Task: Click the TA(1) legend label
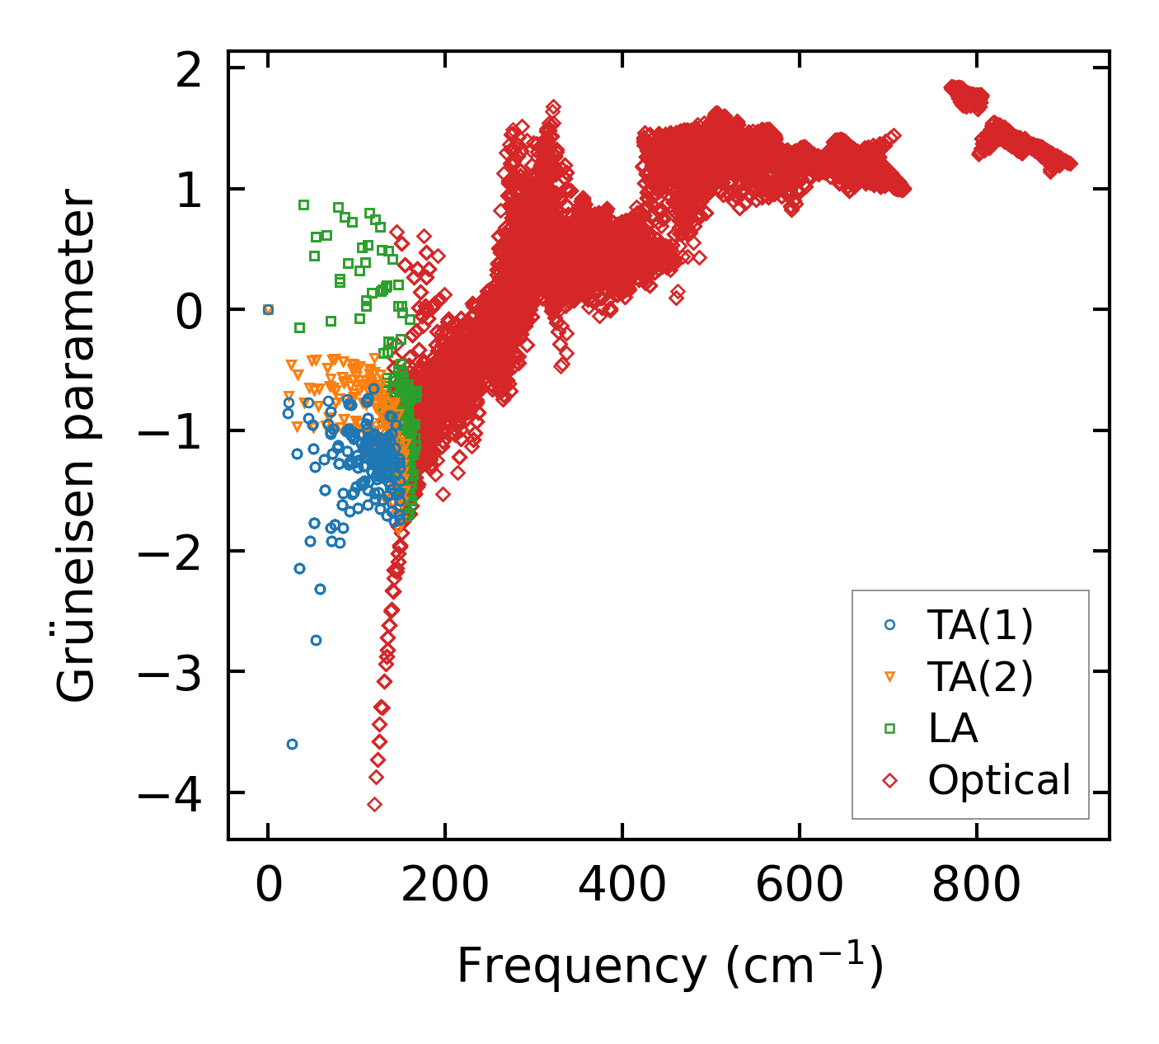coord(980,625)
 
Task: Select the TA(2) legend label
coord(980,677)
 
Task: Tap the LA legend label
coord(953,729)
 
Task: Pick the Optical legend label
coord(999,780)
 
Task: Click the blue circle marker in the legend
coord(889,625)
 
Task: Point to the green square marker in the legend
coord(889,728)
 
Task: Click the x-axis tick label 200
coord(445,887)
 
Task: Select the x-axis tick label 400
coord(622,887)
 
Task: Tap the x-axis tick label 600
coord(799,887)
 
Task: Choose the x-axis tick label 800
coord(976,887)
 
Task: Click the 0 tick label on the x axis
coord(269,887)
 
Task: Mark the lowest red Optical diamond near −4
coord(375,804)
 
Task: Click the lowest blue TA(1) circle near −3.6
coord(292,744)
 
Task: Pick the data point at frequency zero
coord(268,309)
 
